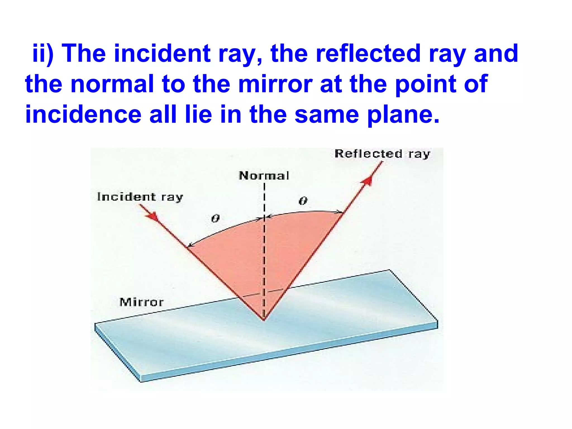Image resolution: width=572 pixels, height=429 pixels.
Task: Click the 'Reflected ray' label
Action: coord(382,154)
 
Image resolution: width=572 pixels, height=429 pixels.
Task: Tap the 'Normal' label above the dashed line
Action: coord(264,176)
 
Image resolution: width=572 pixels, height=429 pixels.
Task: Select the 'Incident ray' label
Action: coord(140,197)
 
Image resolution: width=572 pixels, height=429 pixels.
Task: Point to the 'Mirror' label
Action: coord(141,302)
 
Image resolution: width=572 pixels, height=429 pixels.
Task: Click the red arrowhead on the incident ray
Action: coord(152,216)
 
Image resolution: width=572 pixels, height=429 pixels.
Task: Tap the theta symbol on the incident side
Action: coord(215,218)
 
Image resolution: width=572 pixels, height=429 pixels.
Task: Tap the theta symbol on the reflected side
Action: coord(303,201)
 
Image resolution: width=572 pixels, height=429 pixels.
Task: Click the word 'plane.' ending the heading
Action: coord(403,115)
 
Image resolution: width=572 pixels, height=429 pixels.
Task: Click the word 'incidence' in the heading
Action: coord(83,115)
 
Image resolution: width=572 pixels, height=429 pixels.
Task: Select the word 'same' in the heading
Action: coord(327,115)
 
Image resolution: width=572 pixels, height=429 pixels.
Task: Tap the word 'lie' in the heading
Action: coord(198,115)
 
